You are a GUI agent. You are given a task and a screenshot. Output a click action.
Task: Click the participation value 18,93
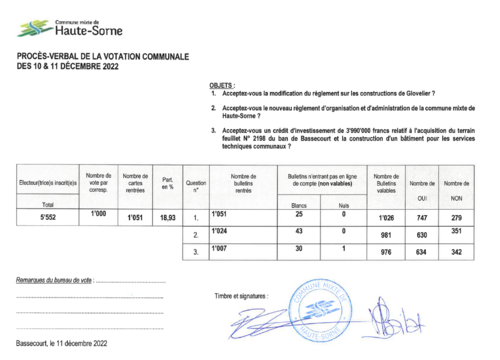(168, 216)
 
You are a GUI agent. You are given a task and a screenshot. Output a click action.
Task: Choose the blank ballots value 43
(297, 232)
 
